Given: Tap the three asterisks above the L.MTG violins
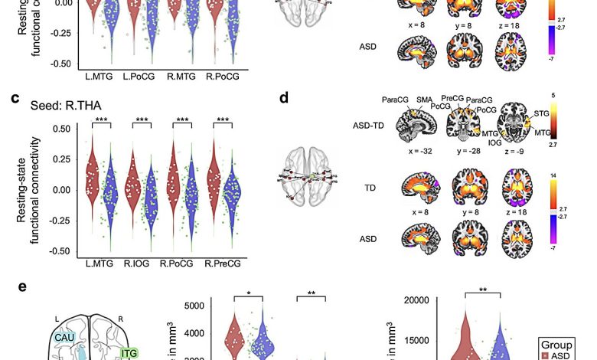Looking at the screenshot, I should point(101,119).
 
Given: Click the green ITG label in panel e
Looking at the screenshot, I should point(129,353).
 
